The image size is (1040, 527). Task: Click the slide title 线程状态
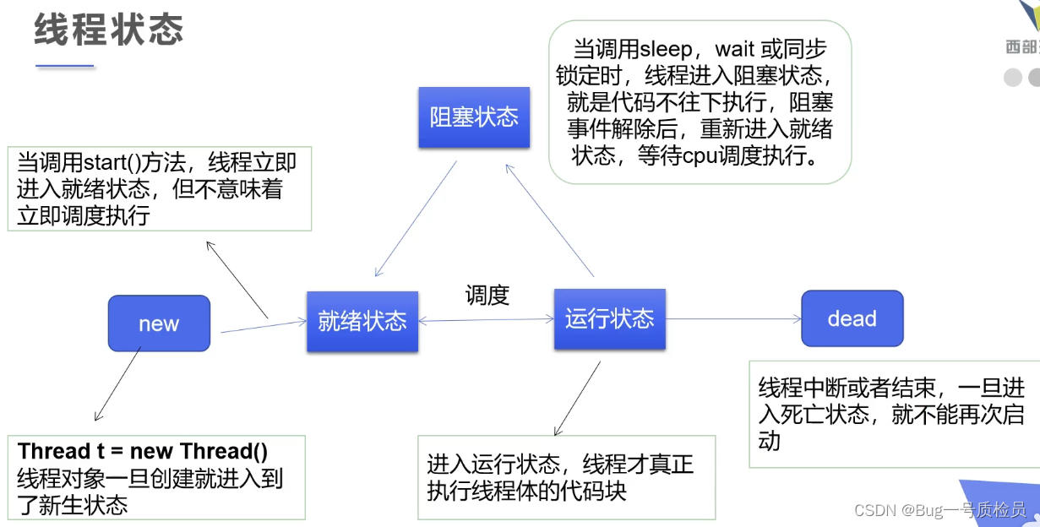[109, 31]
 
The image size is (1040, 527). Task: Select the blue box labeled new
[159, 323]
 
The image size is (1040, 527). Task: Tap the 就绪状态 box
[362, 321]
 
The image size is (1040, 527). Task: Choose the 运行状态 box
[609, 318]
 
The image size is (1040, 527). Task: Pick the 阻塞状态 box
[474, 117]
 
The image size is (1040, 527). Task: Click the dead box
[852, 318]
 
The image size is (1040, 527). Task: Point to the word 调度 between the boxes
[487, 295]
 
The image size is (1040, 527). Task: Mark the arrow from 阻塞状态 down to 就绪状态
[417, 219]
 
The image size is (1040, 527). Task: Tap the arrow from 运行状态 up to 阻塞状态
[551, 220]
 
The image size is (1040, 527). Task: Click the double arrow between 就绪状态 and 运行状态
[486, 320]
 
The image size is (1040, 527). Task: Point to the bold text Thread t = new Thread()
[143, 451]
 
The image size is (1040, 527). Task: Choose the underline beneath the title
[64, 66]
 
